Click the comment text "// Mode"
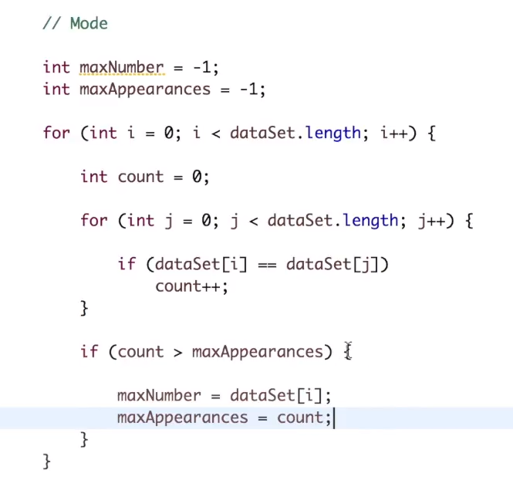pyautogui.click(x=75, y=23)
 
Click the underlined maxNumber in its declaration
pyautogui.click(x=121, y=67)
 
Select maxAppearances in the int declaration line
pyautogui.click(x=144, y=89)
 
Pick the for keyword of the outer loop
pyautogui.click(x=56, y=133)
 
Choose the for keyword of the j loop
pyautogui.click(x=93, y=221)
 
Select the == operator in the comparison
pyautogui.click(x=267, y=265)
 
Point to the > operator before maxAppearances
pyautogui.click(x=177, y=352)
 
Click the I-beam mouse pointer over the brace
pyautogui.click(x=348, y=351)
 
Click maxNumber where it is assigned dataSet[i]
pyautogui.click(x=158, y=396)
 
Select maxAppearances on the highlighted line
pyautogui.click(x=182, y=418)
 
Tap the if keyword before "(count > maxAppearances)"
pyautogui.click(x=89, y=352)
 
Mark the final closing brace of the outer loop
pyautogui.click(x=47, y=462)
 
